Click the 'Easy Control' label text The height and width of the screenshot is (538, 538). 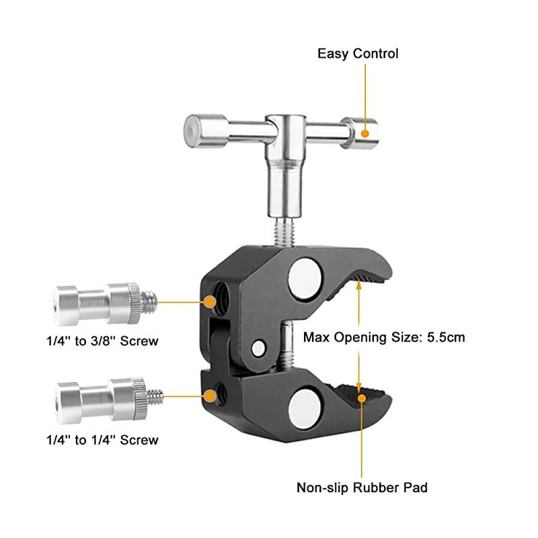pyautogui.click(x=358, y=53)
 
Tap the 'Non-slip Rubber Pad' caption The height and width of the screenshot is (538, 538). pyautogui.click(x=362, y=487)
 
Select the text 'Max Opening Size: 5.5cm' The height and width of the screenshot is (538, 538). pyautogui.click(x=384, y=337)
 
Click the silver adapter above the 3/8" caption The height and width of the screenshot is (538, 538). pyautogui.click(x=98, y=301)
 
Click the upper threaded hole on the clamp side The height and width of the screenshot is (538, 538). pyautogui.click(x=219, y=301)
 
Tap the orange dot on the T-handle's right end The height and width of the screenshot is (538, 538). pyautogui.click(x=365, y=132)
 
